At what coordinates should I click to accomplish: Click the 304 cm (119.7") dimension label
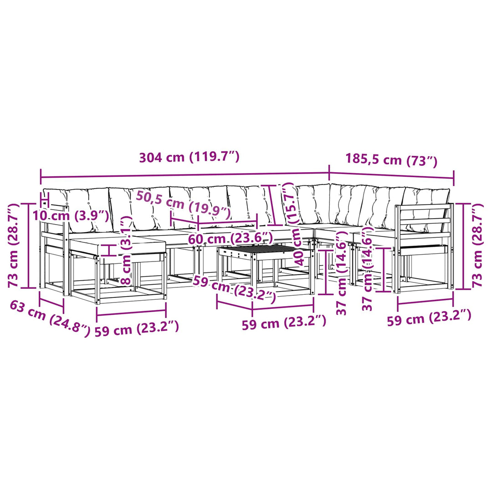[x=189, y=157]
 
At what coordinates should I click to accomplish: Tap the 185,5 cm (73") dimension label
[x=391, y=159]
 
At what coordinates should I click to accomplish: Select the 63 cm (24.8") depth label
[x=50, y=318]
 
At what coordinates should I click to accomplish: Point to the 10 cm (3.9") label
[x=71, y=215]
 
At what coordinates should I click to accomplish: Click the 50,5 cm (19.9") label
[x=183, y=205]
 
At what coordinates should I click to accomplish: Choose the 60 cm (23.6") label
[x=231, y=239]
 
